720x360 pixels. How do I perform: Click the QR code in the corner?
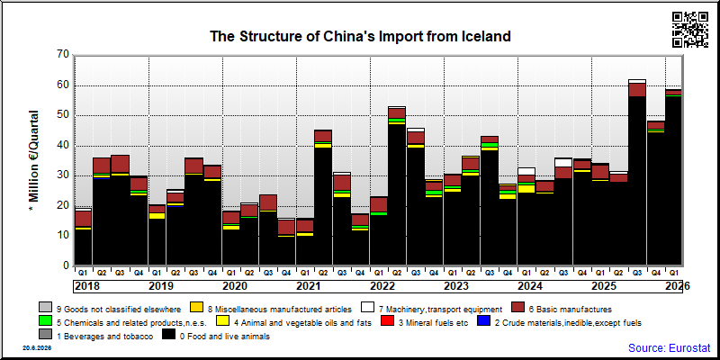(x=690, y=30)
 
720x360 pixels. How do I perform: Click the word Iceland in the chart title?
(x=485, y=36)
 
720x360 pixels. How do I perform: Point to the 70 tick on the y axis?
(x=63, y=55)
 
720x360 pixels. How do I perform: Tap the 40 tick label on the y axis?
(x=63, y=146)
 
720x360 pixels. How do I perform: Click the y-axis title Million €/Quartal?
(x=33, y=160)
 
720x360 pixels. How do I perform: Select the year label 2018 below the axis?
(x=86, y=286)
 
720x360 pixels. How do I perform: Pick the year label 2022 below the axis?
(x=382, y=286)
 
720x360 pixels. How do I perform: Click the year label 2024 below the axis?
(x=530, y=286)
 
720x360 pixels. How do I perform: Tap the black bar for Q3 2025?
(x=637, y=181)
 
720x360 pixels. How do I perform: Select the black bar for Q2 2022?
(x=397, y=194)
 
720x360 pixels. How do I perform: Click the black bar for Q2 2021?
(x=323, y=207)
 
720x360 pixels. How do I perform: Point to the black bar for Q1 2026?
(x=674, y=181)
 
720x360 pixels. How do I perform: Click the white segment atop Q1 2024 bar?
(x=526, y=171)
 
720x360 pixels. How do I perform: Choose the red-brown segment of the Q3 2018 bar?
(x=120, y=164)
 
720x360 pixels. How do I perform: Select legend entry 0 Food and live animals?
(x=217, y=337)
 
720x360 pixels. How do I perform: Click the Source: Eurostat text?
(x=669, y=347)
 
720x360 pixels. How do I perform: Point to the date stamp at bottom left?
(x=37, y=348)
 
